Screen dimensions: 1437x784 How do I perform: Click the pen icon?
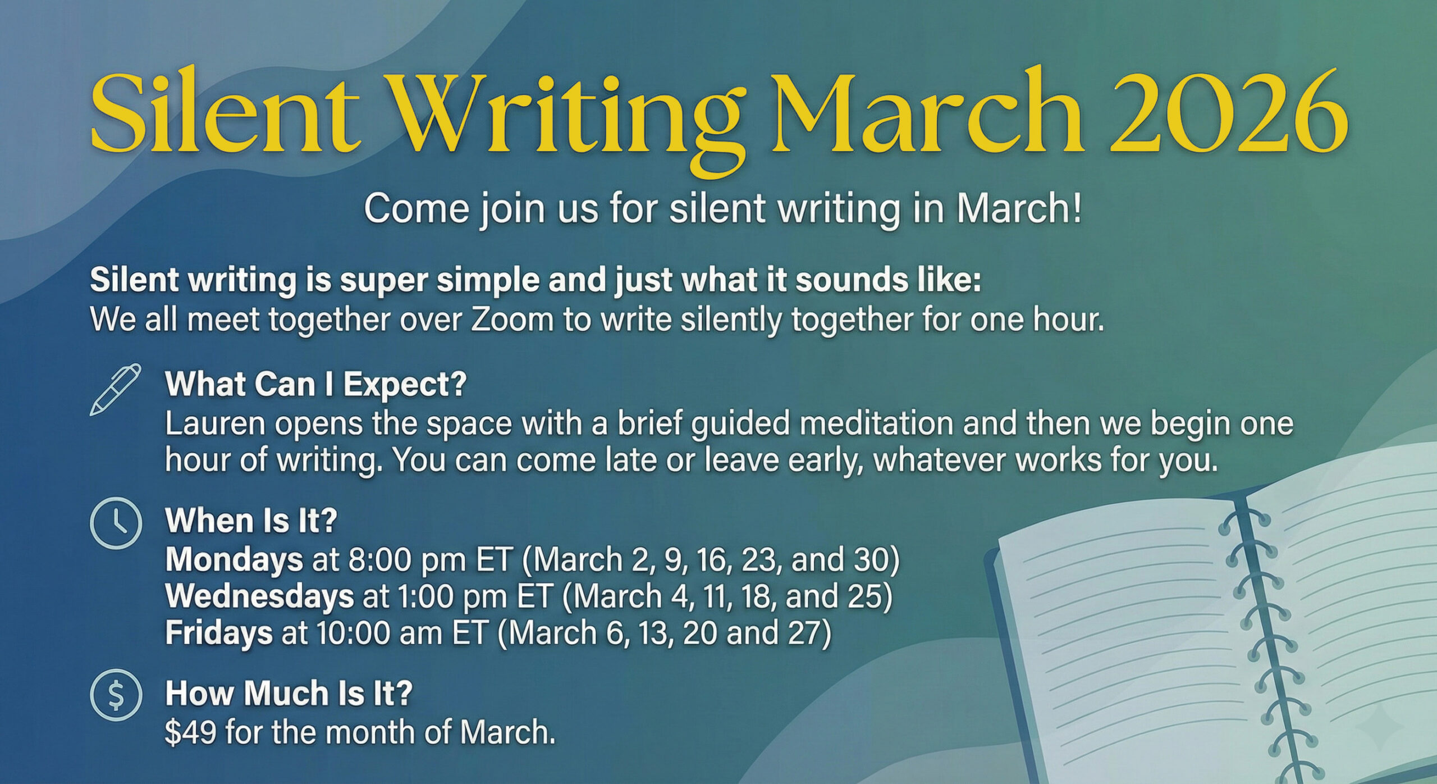116,389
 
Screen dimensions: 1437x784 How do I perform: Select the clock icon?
116,523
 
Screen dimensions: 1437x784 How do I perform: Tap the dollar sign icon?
116,695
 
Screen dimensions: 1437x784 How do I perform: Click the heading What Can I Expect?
315,385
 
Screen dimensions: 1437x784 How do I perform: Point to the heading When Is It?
251,521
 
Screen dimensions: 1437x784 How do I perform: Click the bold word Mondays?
234,560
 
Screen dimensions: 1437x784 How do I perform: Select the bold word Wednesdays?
259,596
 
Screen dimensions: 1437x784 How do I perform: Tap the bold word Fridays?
219,633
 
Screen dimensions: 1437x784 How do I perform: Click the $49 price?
190,732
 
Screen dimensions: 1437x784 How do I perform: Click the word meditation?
876,424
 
